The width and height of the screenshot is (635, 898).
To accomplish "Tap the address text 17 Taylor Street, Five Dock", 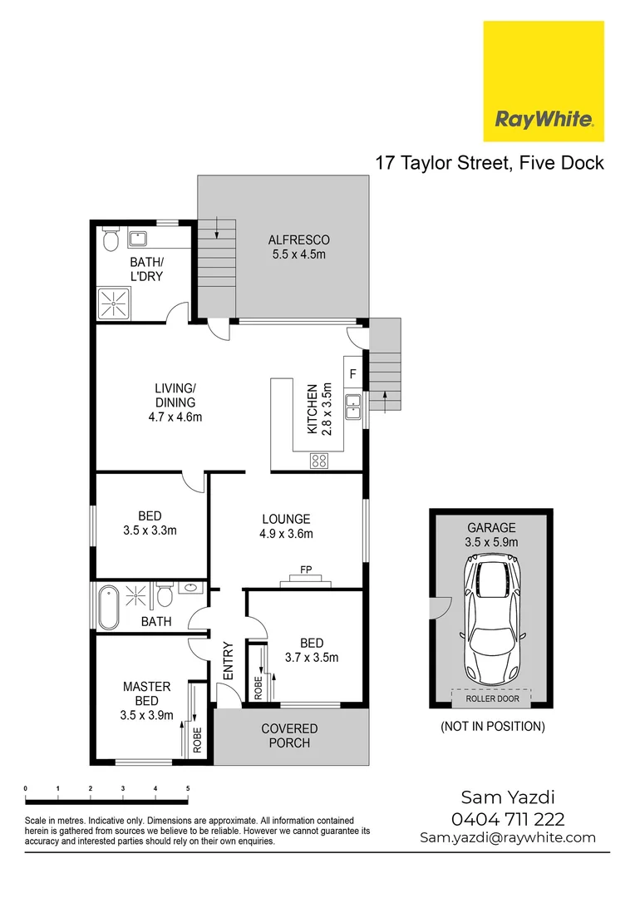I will point(490,162).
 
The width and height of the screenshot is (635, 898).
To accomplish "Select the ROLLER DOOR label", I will point(490,698).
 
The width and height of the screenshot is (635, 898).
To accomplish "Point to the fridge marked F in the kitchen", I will point(352,374).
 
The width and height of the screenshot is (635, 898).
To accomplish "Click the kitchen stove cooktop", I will point(319,460).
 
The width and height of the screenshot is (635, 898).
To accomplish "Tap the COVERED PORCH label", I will point(289,736).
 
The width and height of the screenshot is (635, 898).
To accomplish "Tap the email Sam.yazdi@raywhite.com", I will point(508,838).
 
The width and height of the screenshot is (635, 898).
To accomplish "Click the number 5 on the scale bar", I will point(188,788).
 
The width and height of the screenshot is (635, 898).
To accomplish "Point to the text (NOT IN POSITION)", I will point(492,727).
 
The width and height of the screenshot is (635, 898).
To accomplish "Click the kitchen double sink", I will point(354,404).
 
